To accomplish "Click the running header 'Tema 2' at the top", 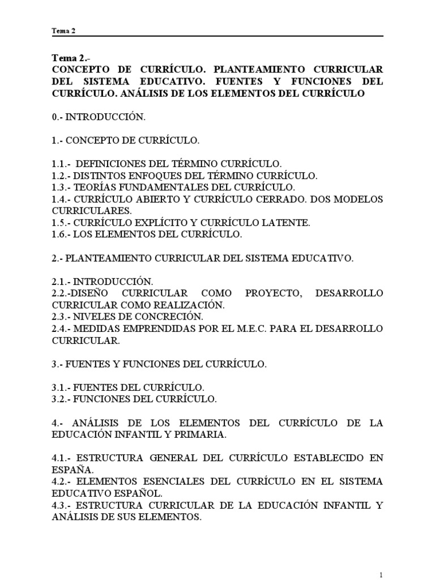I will (63, 32).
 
